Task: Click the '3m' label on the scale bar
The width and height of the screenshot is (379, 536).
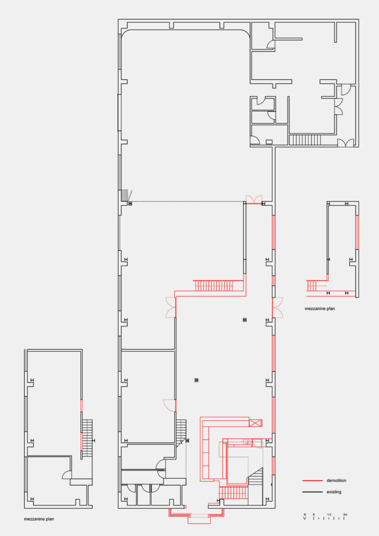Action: click(346, 515)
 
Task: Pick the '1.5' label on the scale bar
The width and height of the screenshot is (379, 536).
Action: click(330, 515)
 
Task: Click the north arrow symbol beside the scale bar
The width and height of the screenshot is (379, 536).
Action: click(304, 517)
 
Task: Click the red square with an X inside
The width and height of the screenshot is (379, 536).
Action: click(256, 423)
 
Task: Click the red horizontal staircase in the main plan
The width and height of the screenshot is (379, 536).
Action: click(211, 285)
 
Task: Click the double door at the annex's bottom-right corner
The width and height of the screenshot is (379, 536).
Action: click(346, 143)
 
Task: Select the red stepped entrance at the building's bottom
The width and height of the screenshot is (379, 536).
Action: click(197, 515)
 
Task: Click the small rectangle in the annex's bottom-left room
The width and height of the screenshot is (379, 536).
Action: click(269, 142)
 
